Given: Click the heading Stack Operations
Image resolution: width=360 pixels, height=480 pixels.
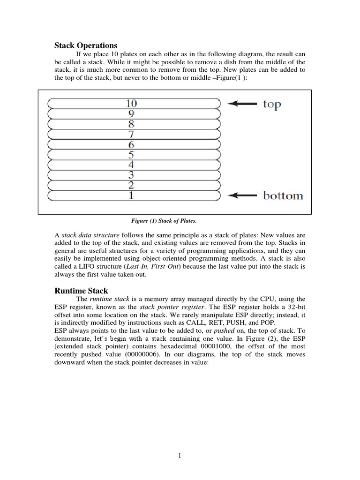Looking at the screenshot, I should point(86,45).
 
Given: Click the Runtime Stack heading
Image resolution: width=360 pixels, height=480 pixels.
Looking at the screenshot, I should point(82,291).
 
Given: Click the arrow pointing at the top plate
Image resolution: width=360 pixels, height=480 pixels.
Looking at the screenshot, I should point(242,104).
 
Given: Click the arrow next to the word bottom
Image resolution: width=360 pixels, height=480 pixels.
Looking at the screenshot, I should point(242,195).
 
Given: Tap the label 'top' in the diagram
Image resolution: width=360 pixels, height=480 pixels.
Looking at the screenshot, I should point(271,104).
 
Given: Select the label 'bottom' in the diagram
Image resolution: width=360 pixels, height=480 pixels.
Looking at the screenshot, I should point(283,195).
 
